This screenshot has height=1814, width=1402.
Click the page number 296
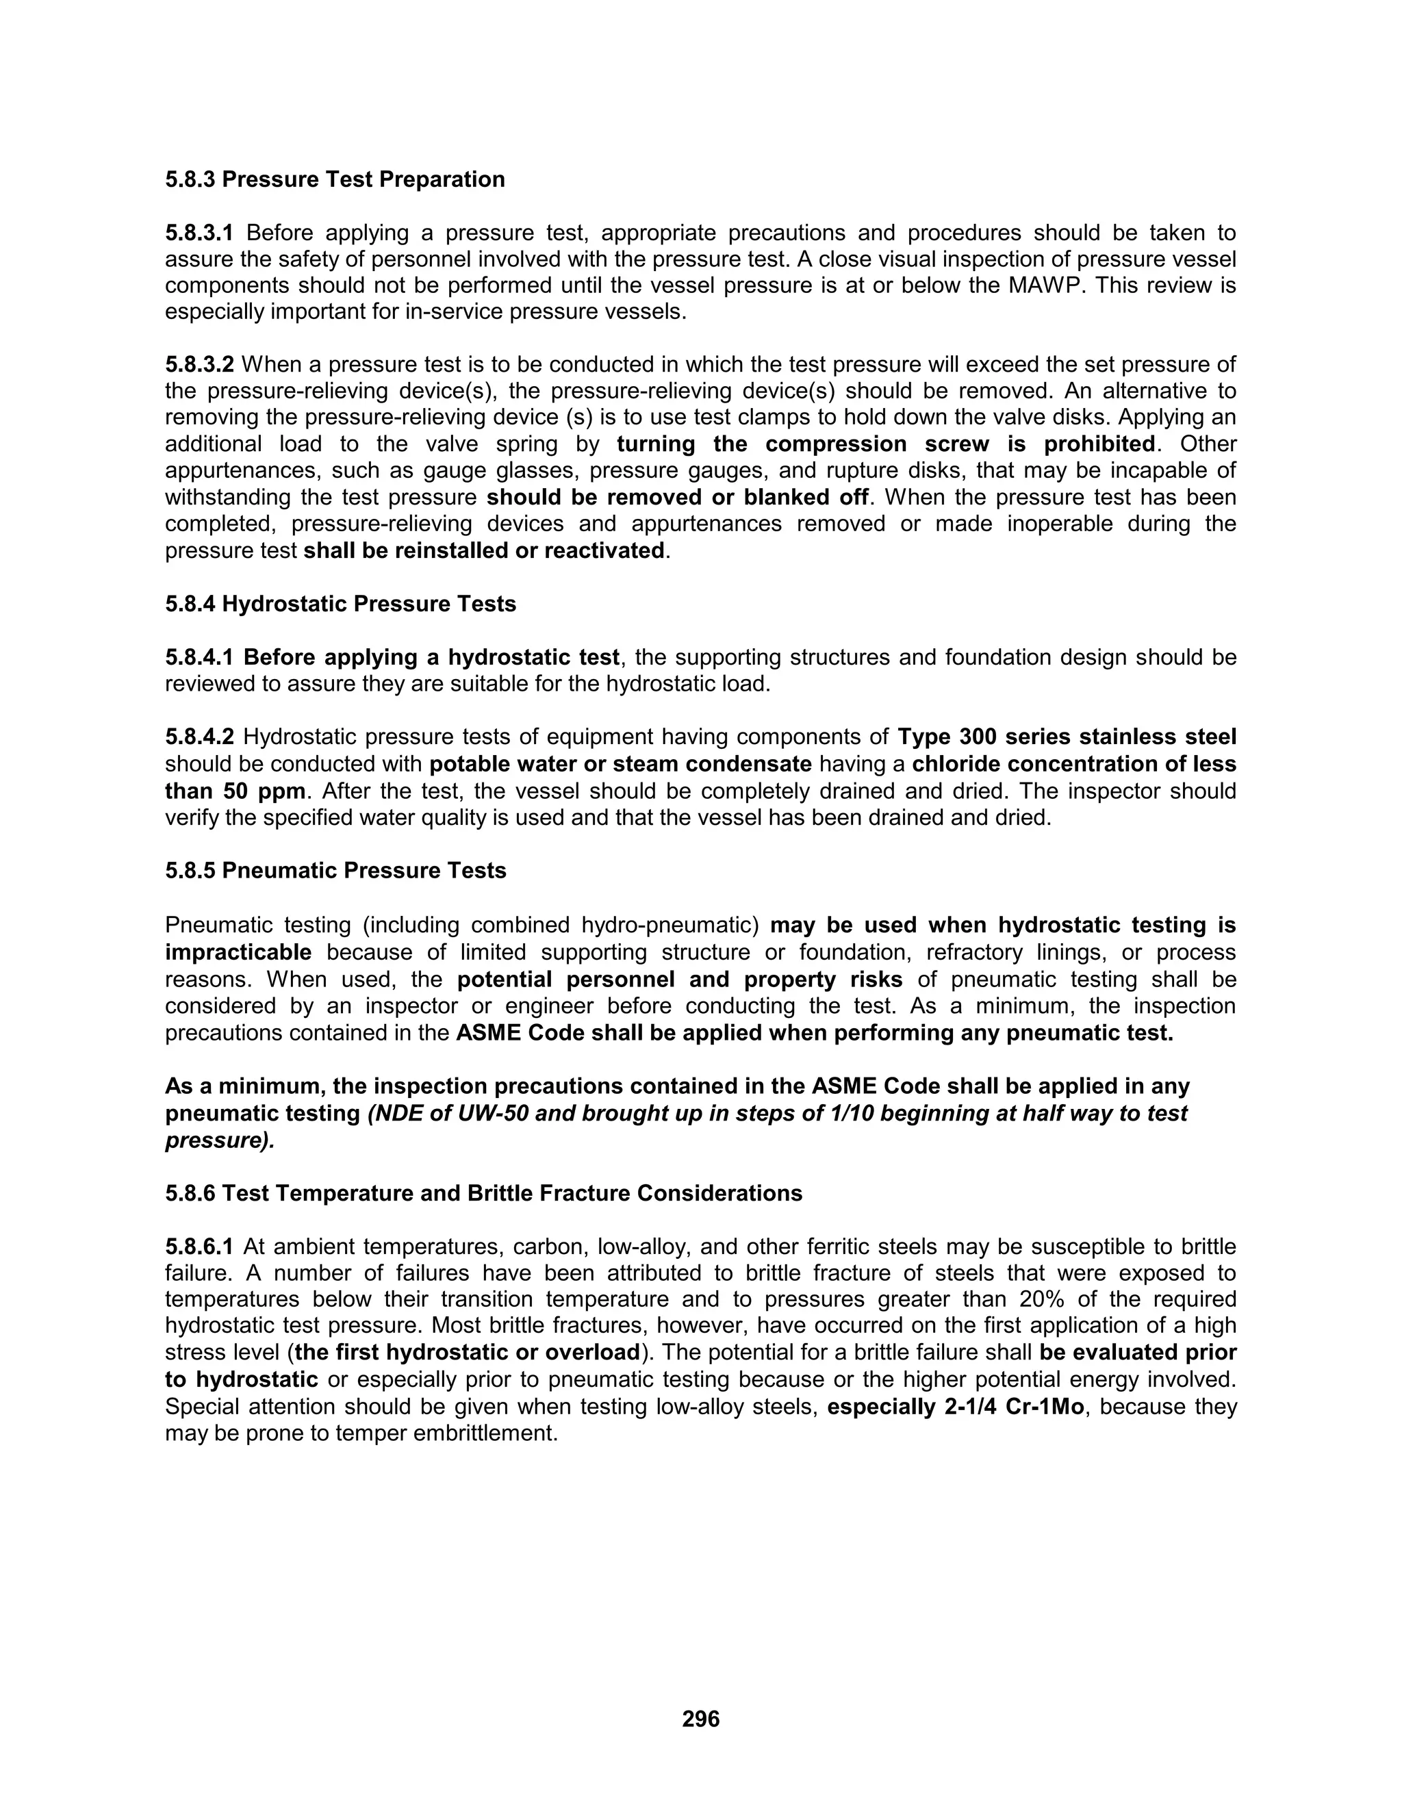[700, 1718]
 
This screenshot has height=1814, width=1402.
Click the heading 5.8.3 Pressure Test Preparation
[335, 179]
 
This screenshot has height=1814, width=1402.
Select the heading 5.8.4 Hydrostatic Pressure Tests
[340, 604]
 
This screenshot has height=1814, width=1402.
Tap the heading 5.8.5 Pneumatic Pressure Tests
[335, 871]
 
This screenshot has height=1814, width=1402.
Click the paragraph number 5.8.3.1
[199, 233]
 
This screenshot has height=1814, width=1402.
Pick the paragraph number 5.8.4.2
[199, 737]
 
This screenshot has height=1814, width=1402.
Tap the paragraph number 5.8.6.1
[199, 1247]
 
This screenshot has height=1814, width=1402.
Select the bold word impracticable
[238, 952]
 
